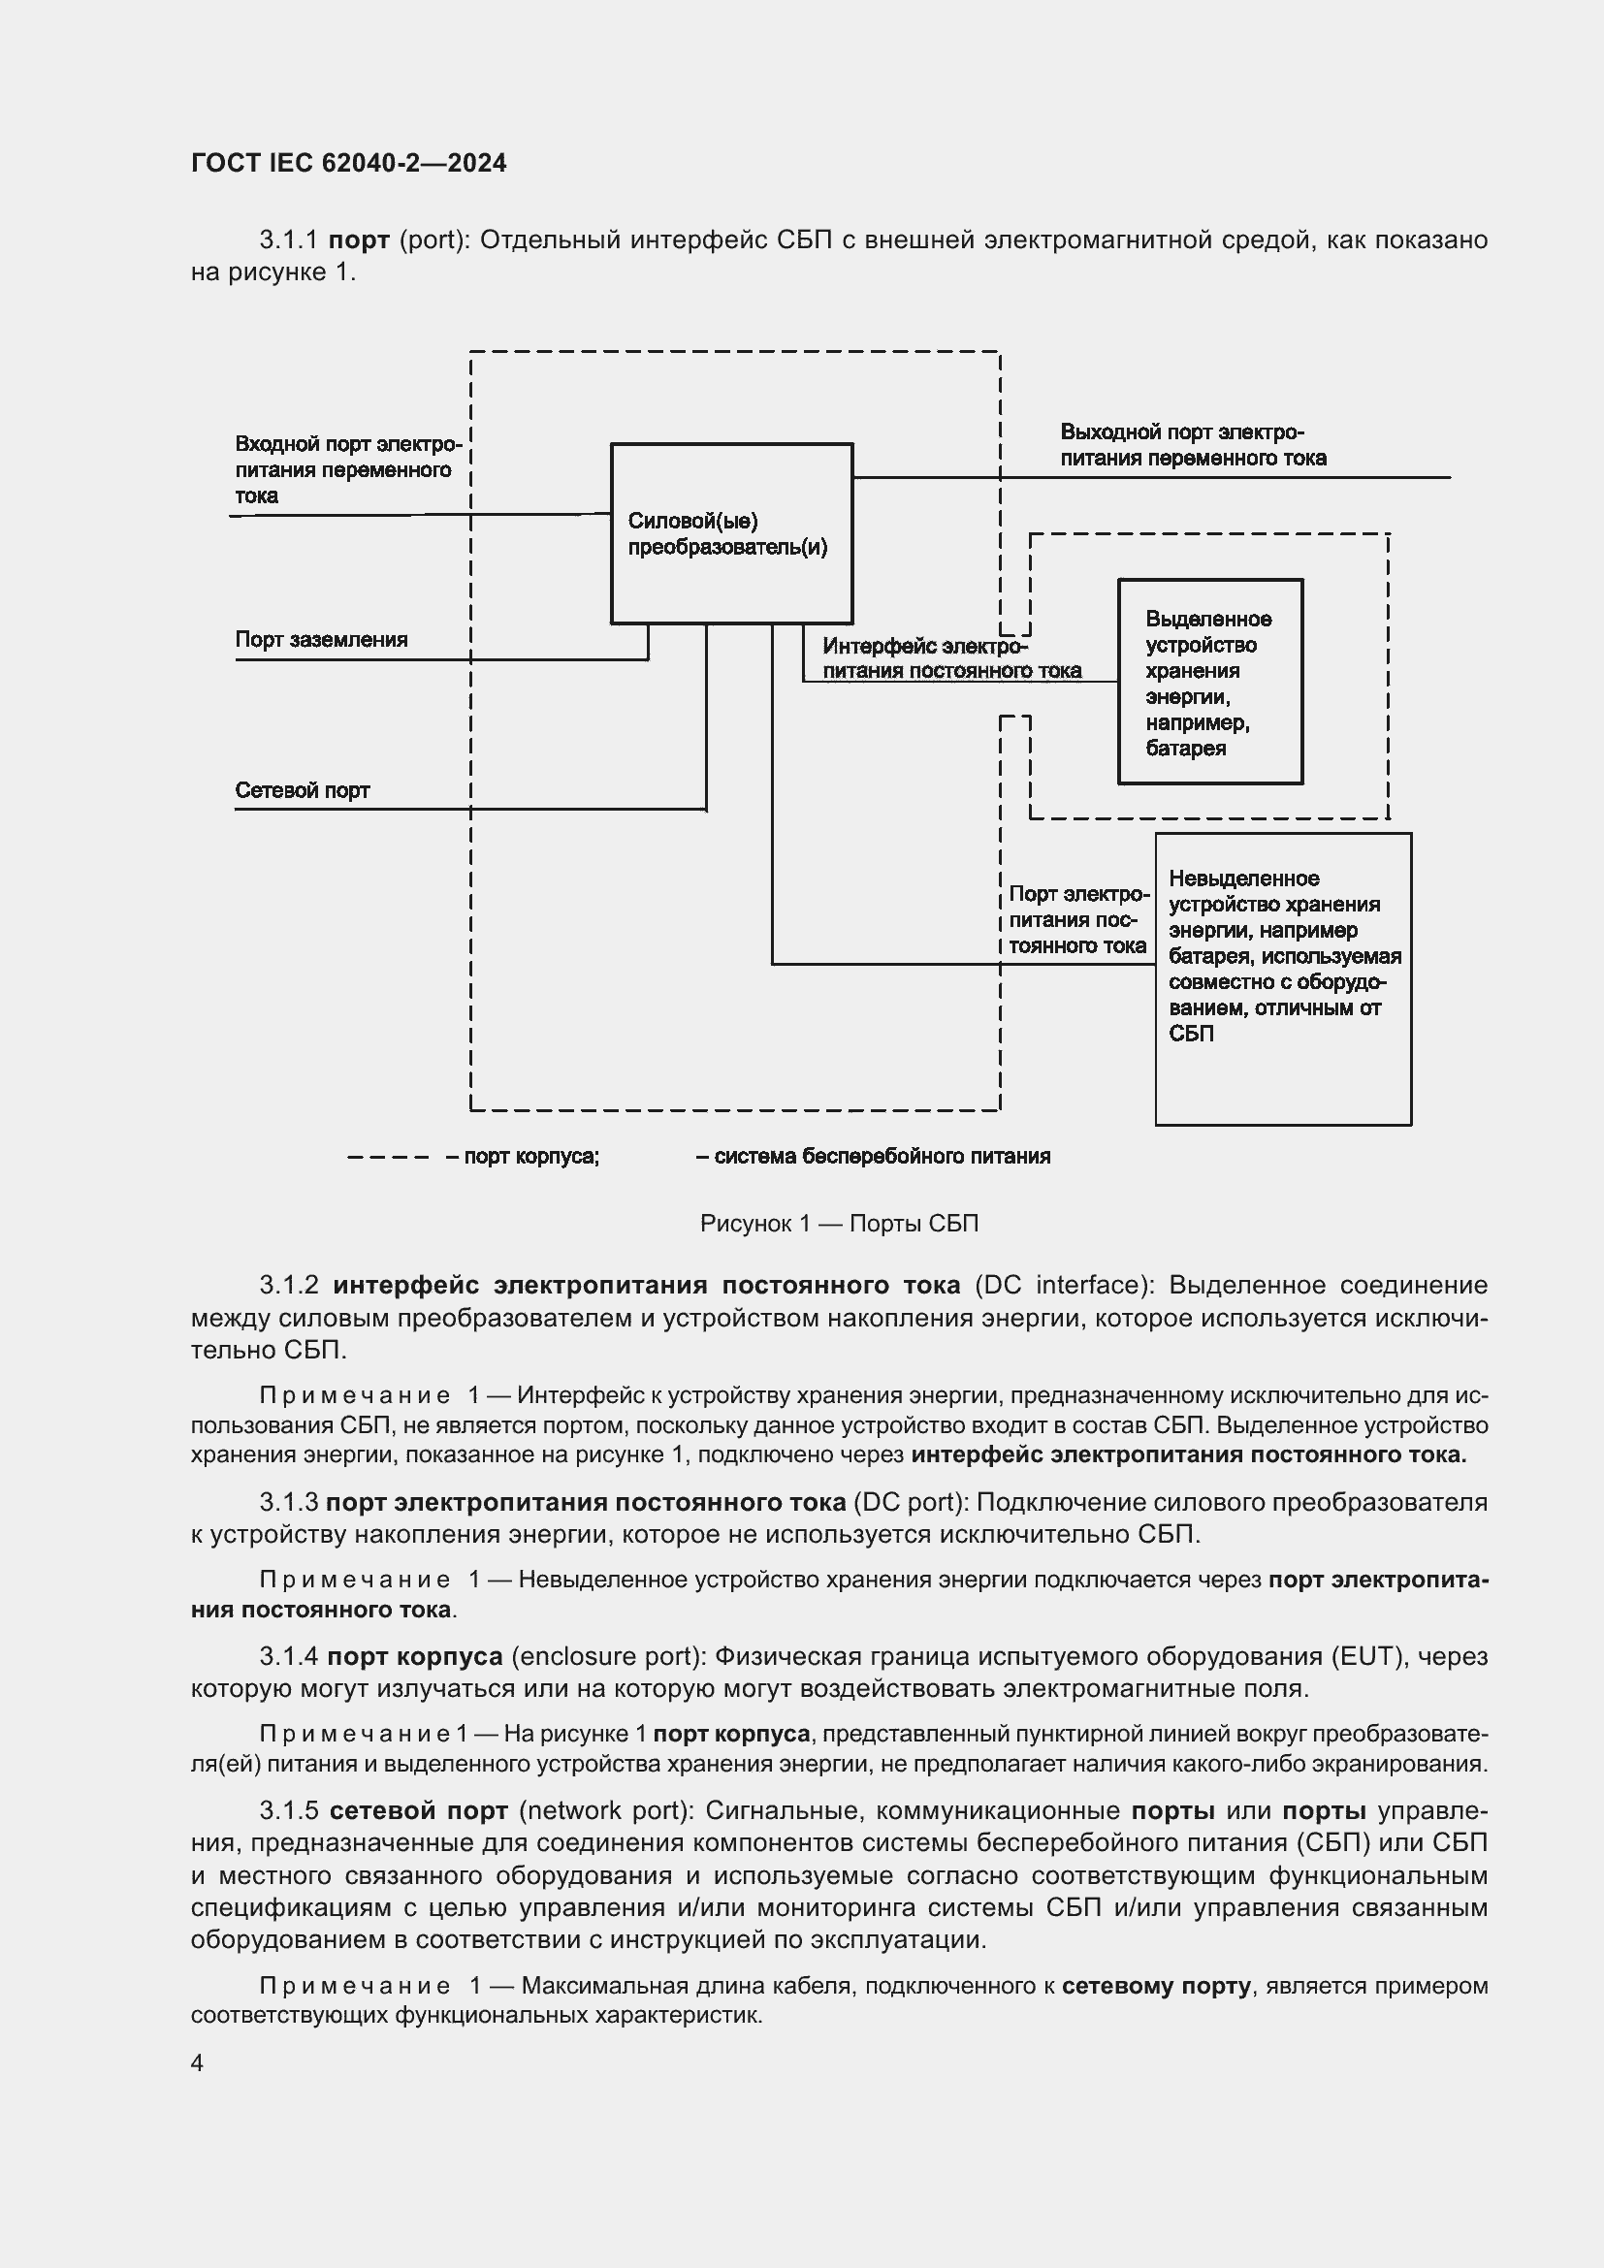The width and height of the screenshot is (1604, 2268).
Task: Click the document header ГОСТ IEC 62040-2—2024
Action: [x=349, y=163]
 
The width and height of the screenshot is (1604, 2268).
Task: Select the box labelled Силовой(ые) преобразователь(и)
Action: [x=731, y=533]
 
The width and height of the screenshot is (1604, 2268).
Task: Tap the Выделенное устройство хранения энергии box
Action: [x=1210, y=682]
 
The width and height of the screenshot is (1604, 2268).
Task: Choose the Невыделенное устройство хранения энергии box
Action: [x=1283, y=978]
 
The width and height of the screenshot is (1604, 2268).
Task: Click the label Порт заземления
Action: [x=321, y=639]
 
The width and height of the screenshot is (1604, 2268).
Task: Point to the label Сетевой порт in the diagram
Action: [x=303, y=790]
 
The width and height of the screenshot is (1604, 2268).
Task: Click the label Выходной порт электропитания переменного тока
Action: [x=1192, y=444]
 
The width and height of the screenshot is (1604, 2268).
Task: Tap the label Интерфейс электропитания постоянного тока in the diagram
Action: [x=950, y=657]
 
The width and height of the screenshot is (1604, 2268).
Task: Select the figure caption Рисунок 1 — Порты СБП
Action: [x=839, y=1223]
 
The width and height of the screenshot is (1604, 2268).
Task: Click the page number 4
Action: [x=198, y=2063]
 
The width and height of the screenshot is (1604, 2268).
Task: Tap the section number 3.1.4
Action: [x=288, y=1655]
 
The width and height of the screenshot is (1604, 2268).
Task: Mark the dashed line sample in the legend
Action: [x=388, y=1157]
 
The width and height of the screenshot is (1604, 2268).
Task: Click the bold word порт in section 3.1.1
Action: [x=360, y=240]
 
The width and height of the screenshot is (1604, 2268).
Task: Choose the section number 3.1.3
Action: [x=288, y=1502]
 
